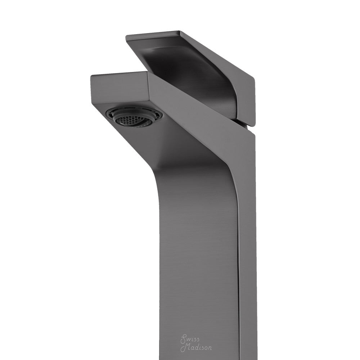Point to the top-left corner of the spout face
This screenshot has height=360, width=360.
click(92, 76)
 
